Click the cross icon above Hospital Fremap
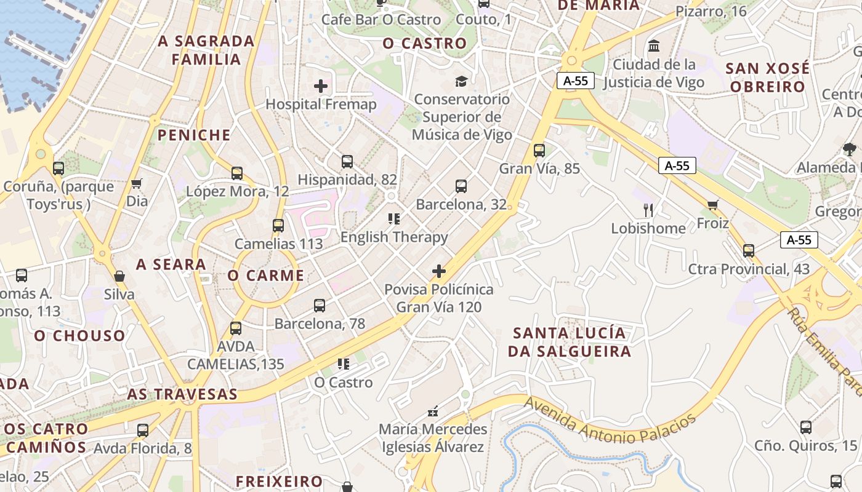click(321, 86)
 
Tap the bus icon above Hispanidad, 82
click(347, 162)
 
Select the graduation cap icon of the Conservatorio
click(461, 81)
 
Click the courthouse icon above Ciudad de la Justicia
click(654, 46)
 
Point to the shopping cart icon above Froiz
click(713, 205)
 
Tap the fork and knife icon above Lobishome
click(648, 210)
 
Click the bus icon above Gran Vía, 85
click(539, 150)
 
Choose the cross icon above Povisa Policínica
click(439, 271)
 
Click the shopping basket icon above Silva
click(119, 276)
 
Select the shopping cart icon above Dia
click(137, 183)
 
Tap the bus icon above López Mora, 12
click(237, 173)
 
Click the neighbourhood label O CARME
click(266, 276)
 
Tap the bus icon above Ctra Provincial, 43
click(749, 250)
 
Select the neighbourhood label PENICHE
click(194, 135)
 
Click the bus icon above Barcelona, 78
click(320, 305)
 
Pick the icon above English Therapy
click(394, 218)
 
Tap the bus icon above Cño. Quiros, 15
click(806, 427)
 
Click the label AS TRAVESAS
click(182, 394)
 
